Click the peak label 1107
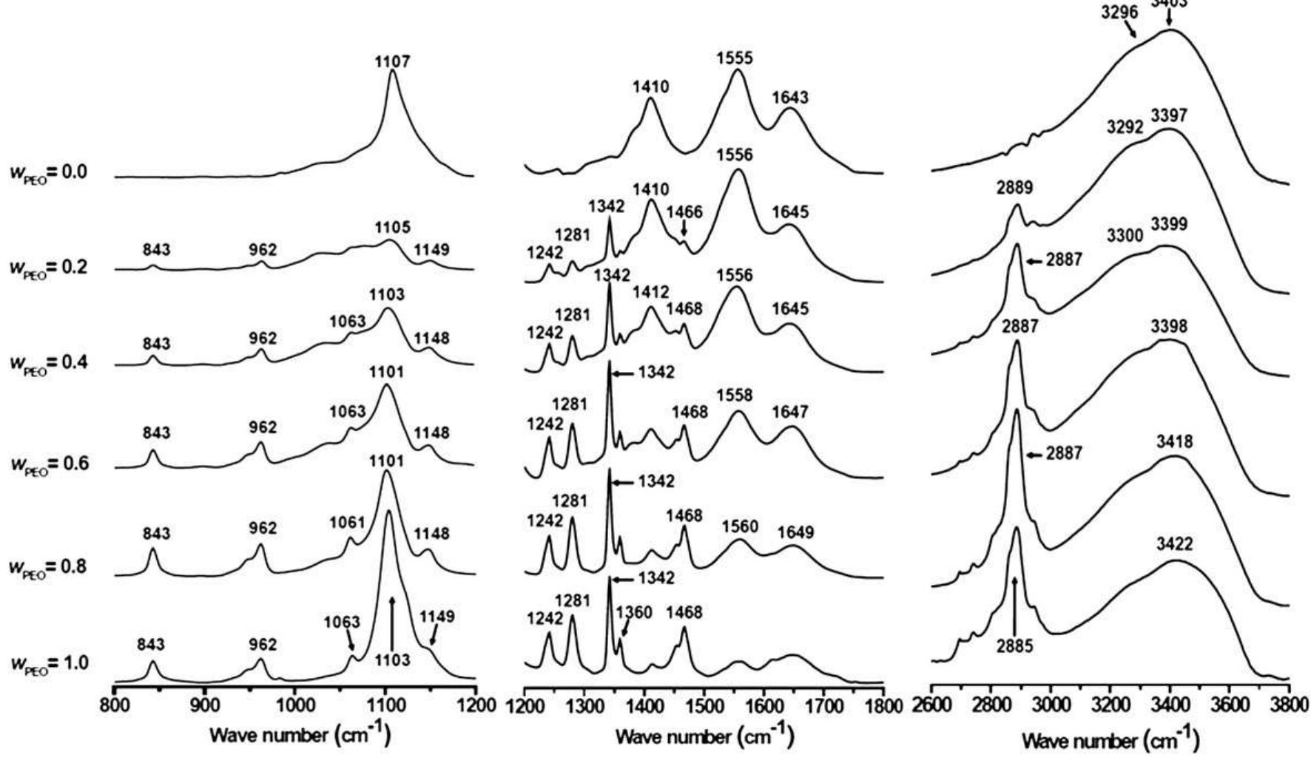point(392,62)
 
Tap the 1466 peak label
point(684,213)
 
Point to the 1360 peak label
point(634,613)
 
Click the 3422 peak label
point(1175,545)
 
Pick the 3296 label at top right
point(1119,12)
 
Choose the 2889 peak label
point(1014,188)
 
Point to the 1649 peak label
point(795,532)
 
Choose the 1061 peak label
point(348,523)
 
